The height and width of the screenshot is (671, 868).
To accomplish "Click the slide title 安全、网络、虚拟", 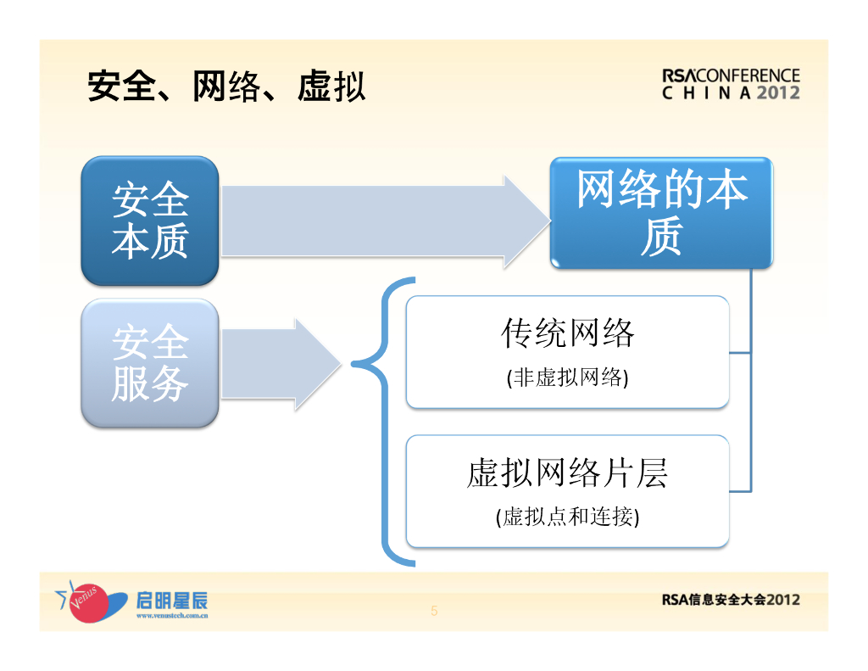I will click(x=226, y=87).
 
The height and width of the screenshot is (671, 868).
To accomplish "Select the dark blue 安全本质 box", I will click(x=150, y=221).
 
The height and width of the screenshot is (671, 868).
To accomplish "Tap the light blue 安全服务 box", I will click(x=150, y=363).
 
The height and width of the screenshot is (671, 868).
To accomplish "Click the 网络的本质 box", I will click(x=661, y=213).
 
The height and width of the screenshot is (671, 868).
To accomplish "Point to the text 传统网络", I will click(x=567, y=333).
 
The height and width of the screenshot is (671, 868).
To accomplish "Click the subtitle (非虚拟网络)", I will click(x=567, y=377).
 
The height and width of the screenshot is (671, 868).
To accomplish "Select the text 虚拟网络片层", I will click(x=567, y=472).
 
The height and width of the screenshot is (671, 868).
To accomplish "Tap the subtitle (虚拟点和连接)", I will click(x=567, y=517).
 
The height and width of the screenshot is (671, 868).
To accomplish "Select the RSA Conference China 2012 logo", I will click(x=731, y=84).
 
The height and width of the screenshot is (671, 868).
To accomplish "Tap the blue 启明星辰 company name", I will click(x=171, y=601).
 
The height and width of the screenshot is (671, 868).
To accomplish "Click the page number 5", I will click(x=434, y=611).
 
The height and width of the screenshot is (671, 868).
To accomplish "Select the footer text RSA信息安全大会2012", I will click(x=731, y=600).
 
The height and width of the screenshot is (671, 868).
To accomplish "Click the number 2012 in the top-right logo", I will click(x=778, y=92).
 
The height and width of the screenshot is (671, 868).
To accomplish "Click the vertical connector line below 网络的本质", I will click(x=750, y=382).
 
